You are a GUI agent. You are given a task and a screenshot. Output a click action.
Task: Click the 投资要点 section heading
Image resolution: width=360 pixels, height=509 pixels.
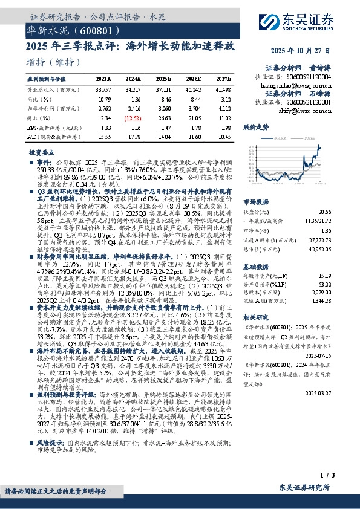(x=44, y=153)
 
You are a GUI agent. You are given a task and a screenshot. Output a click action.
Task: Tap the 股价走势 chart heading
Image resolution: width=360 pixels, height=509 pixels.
(x=256, y=128)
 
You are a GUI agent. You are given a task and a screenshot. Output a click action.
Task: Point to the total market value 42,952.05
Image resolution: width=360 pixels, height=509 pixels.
(x=320, y=248)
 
